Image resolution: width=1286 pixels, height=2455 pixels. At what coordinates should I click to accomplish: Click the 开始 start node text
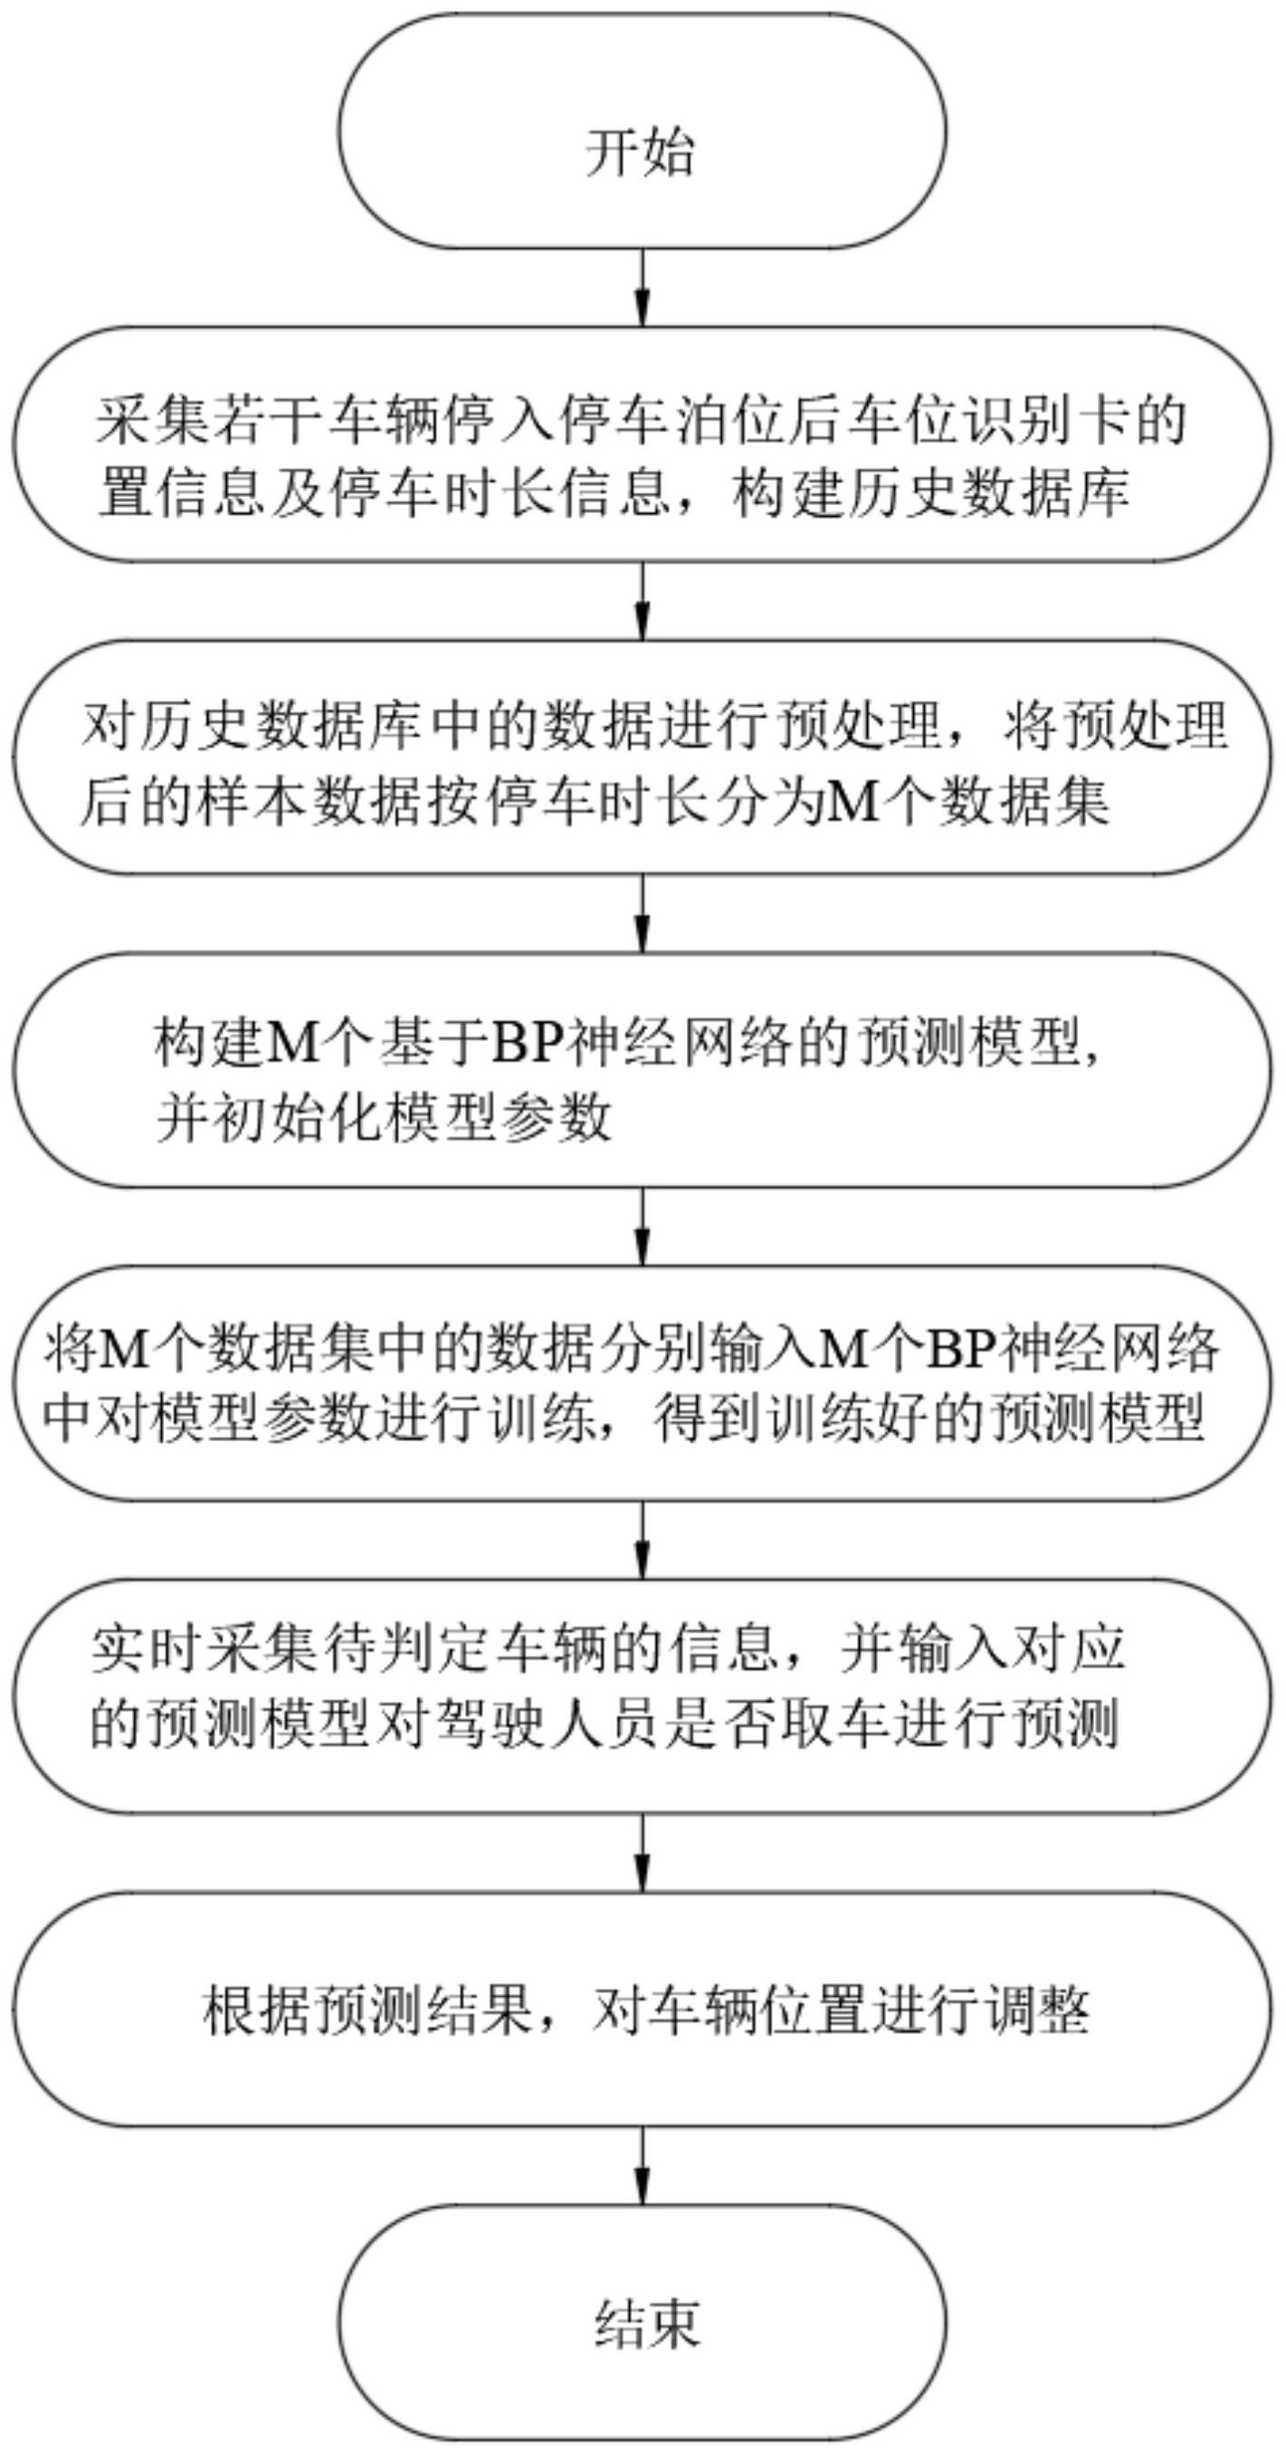tap(639, 152)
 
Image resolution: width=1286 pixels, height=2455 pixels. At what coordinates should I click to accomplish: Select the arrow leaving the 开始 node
tap(643, 287)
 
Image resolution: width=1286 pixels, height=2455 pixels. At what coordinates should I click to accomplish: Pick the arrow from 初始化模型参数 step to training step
tap(643, 1227)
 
